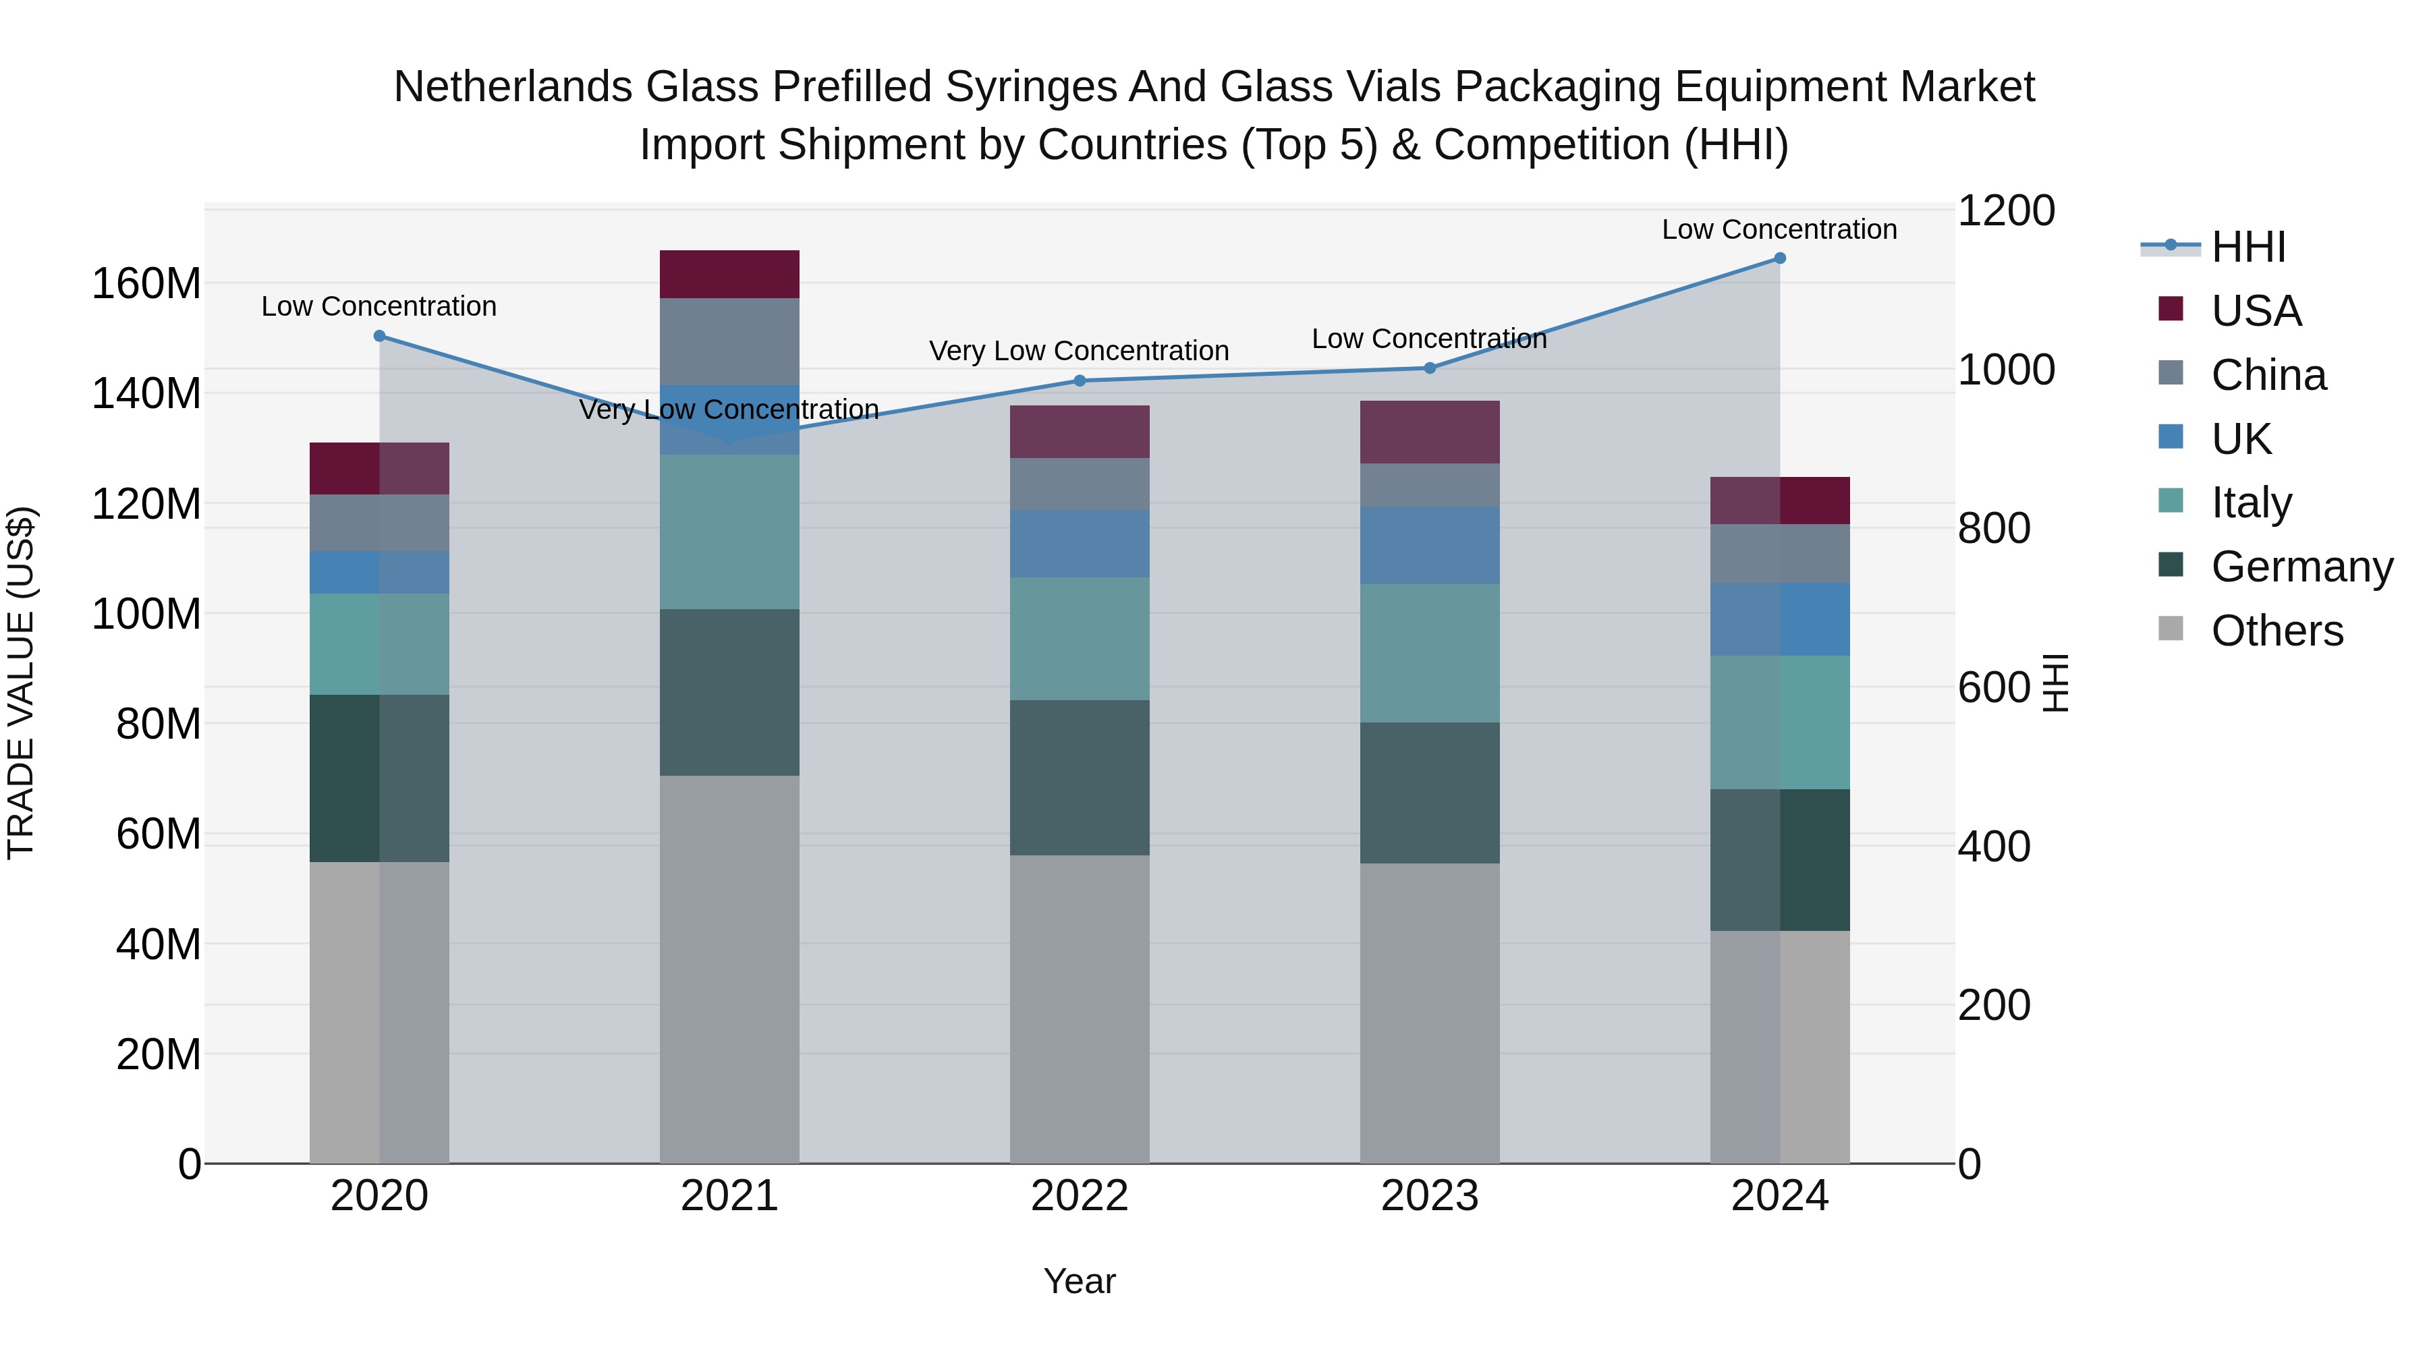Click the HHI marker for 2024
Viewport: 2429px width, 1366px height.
click(1779, 258)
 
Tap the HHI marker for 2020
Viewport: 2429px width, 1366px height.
click(380, 336)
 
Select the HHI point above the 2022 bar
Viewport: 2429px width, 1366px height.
click(1080, 381)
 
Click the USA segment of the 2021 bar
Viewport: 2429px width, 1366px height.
click(729, 275)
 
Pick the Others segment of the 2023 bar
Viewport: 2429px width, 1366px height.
click(1430, 1013)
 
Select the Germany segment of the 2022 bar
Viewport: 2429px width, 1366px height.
click(1080, 778)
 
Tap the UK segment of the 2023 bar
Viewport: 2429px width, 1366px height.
click(1430, 545)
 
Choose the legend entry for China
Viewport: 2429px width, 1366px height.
click(2268, 375)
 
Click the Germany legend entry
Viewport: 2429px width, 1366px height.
click(2301, 567)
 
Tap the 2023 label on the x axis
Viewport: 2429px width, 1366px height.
click(1430, 1196)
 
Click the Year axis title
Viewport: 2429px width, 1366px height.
click(1080, 1281)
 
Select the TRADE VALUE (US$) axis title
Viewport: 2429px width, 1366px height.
click(21, 683)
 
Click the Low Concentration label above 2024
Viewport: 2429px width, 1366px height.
click(1779, 229)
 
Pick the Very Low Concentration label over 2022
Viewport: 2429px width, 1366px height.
click(1079, 351)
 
